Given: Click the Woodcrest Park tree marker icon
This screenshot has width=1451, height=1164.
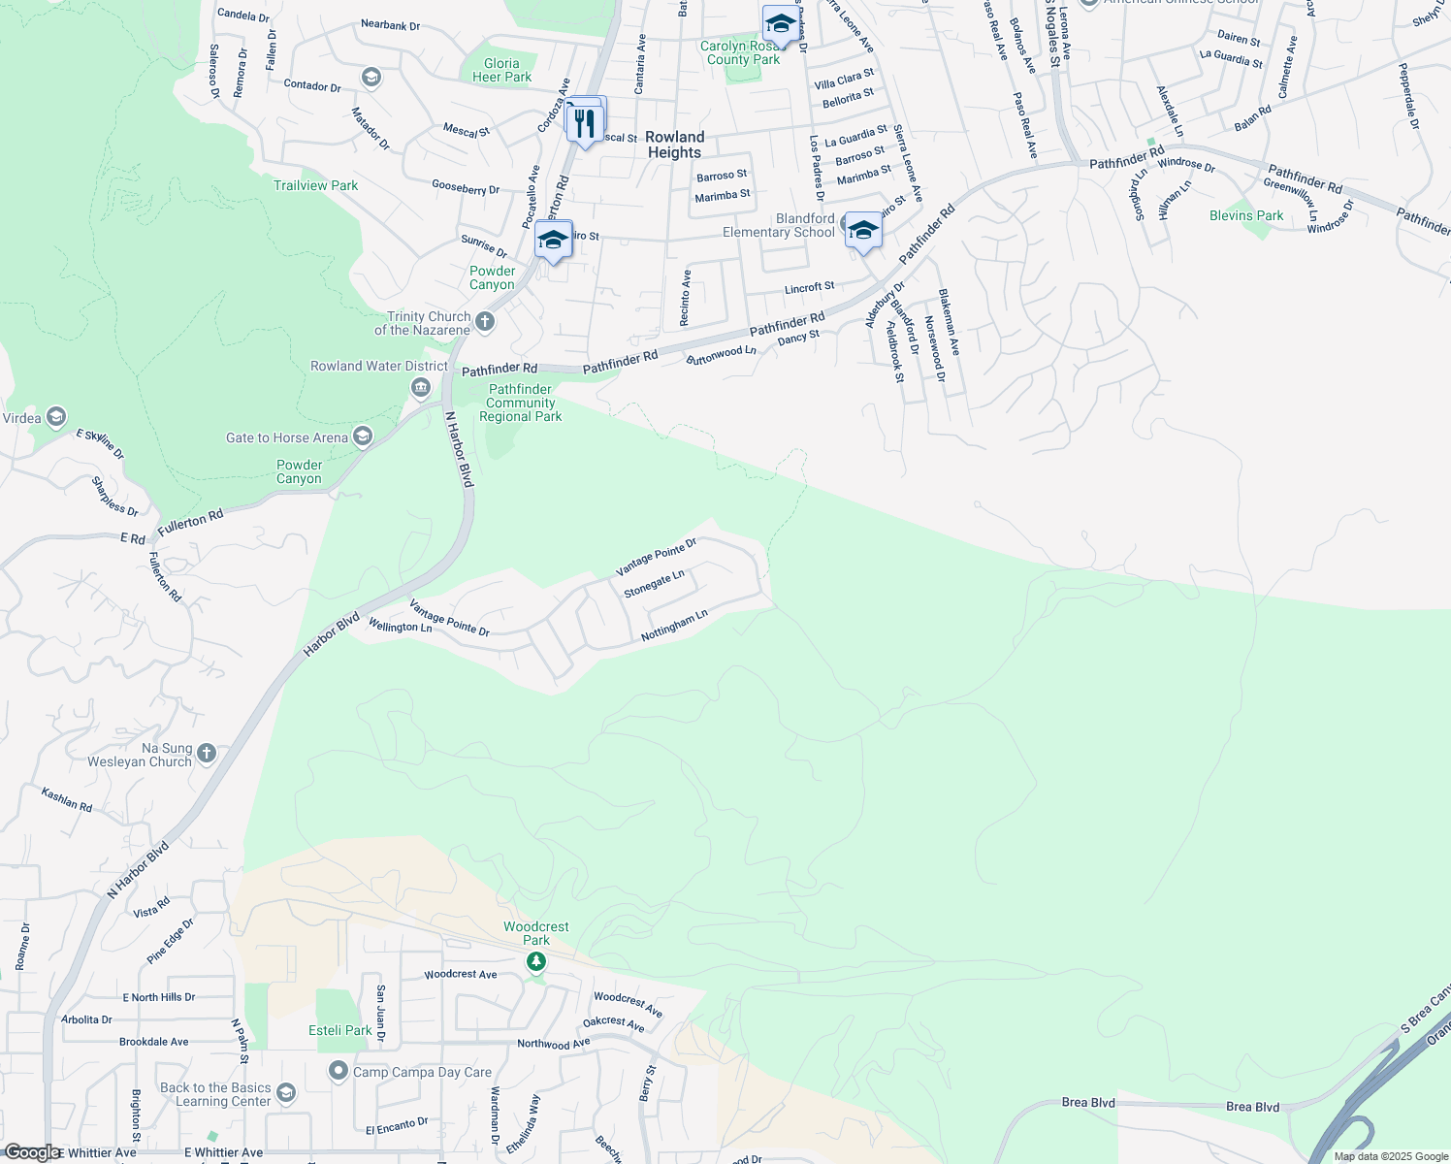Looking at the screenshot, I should point(536,961).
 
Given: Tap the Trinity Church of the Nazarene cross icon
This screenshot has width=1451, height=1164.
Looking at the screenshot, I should point(485,321).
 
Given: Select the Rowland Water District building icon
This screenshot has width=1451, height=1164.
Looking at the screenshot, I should point(421,388).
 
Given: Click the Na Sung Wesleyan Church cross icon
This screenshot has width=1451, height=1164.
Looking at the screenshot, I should point(207,753).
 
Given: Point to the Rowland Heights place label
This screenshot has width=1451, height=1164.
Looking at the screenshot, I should point(675,145).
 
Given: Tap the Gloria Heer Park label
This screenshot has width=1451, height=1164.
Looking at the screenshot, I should point(501,70).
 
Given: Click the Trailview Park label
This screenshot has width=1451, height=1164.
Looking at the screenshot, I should point(315,185).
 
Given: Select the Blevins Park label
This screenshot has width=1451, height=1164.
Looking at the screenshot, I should point(1246,215).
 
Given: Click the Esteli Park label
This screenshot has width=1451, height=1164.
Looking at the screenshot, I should point(340,1030).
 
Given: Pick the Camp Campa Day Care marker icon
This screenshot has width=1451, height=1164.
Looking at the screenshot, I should point(338,1072).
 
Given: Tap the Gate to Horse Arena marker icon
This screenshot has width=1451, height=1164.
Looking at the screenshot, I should point(363,436).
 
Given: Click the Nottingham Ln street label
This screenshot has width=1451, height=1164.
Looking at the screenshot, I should point(674,626).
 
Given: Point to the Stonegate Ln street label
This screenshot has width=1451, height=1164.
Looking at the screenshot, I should point(654,583).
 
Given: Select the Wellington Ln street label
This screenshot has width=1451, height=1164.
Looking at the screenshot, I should point(400,627).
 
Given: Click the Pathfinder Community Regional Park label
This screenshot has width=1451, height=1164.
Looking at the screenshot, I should point(521,403).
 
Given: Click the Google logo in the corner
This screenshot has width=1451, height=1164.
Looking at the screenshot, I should point(31,1152).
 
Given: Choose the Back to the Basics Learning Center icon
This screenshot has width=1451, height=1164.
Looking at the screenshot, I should point(286,1094).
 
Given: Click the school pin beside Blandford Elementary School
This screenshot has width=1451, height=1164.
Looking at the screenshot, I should point(863,232).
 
